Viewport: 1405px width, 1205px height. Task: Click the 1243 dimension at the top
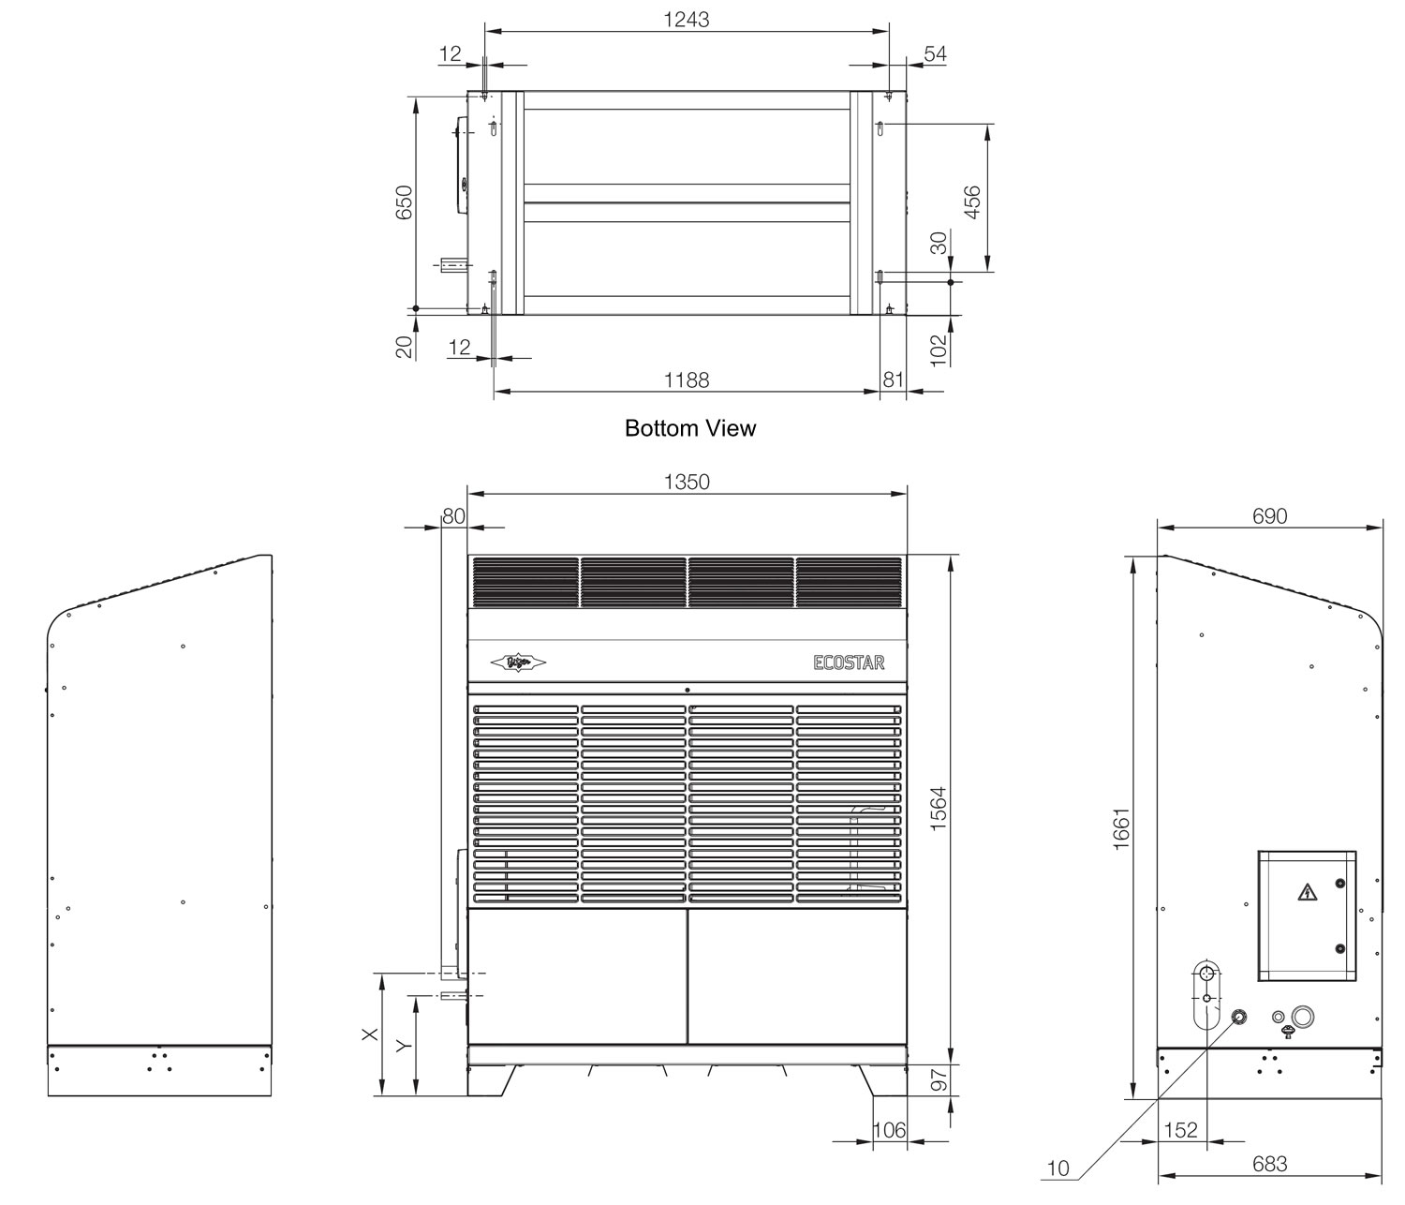point(687,19)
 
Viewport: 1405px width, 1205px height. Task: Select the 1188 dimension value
point(687,379)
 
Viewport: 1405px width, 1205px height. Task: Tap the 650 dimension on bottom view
point(404,202)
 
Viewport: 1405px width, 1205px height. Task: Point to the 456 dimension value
point(972,202)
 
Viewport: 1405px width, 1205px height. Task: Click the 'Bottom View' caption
point(689,428)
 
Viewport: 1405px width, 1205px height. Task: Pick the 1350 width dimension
point(687,482)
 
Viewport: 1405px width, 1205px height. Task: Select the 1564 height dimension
point(939,809)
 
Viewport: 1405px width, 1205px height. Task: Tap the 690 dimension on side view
point(1269,516)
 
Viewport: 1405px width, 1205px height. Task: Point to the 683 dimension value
point(1269,1164)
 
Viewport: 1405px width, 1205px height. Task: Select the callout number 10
point(1057,1168)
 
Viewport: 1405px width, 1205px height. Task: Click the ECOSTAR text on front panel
point(849,662)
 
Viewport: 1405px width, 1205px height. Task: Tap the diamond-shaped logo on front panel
point(518,662)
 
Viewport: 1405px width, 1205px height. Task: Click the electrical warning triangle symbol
point(1305,892)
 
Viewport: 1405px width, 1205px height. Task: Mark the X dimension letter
point(370,1034)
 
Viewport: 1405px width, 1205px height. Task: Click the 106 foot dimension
point(889,1130)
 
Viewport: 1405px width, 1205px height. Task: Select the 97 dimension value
point(939,1079)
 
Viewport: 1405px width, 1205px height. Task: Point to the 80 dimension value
point(453,516)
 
